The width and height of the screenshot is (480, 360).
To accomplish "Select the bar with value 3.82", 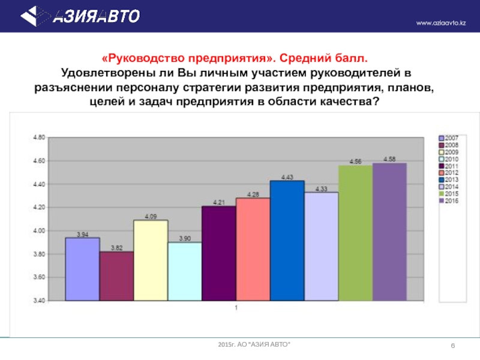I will click(116, 275).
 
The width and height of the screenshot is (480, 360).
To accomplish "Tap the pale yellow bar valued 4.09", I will click(151, 260).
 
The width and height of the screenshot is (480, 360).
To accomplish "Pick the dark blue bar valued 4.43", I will click(287, 240).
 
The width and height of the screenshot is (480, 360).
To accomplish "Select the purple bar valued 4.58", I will click(389, 232).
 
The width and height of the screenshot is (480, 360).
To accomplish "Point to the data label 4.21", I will click(218, 202).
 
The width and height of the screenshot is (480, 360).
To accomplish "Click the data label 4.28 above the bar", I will click(253, 194).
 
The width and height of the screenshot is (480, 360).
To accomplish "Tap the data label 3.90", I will click(184, 238).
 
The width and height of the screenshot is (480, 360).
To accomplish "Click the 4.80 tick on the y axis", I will click(38, 137).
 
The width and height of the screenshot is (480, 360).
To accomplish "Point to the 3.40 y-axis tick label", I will click(38, 301).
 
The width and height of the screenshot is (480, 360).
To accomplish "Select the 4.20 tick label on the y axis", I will click(38, 208).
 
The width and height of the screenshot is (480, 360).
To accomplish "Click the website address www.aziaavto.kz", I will click(441, 23).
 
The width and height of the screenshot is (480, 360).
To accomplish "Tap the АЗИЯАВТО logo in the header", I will click(84, 15).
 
